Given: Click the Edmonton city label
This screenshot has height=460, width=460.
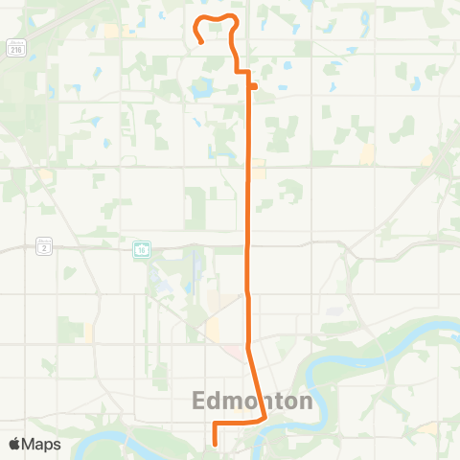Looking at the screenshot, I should pos(254,401).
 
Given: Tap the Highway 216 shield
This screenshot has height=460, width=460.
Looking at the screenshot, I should pos(16,48).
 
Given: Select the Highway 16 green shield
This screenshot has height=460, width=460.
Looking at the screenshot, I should pos(141,249).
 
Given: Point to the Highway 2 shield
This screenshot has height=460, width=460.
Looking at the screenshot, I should pos(44,246).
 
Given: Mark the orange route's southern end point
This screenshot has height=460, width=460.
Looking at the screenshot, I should pos(214,444).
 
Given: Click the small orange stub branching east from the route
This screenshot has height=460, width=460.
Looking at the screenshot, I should pos(254,86).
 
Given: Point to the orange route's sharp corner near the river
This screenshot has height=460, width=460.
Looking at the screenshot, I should pos(264,418).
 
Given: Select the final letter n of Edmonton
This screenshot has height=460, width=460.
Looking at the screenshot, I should pos(306,401).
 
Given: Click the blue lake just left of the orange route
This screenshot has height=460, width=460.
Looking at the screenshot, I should pos(201,90).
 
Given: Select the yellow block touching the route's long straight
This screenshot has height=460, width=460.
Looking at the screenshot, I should pos(259,171).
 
